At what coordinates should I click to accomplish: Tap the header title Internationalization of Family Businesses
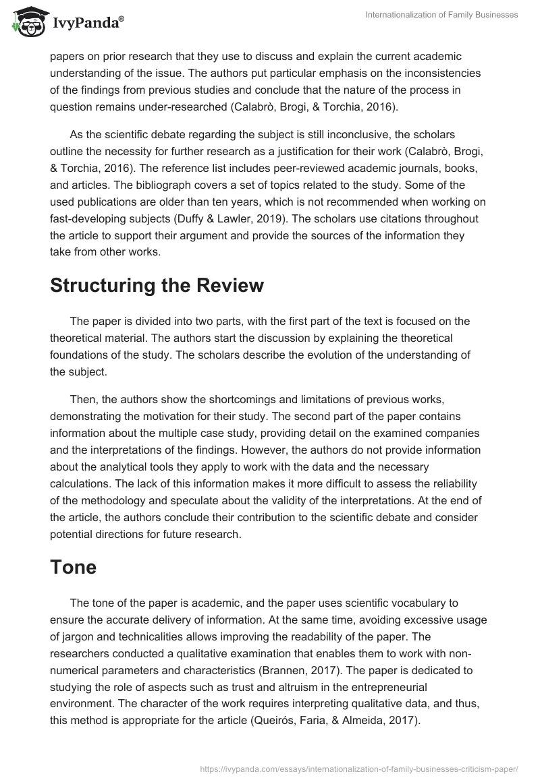coord(441,15)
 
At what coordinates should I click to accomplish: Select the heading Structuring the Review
coord(157,286)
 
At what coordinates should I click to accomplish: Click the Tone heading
coord(73,567)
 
